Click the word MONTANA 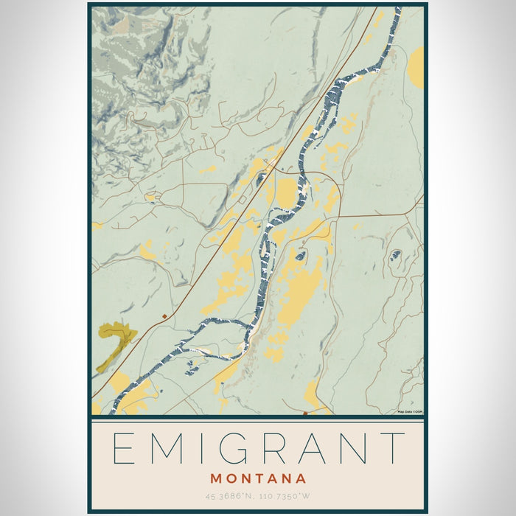tap(258, 478)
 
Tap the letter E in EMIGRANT tap(125, 447)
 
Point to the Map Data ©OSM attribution tap(410, 411)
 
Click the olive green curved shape tap(115, 339)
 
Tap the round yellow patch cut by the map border tap(417, 68)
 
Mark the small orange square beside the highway tap(164, 316)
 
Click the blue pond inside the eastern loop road tap(395, 255)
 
